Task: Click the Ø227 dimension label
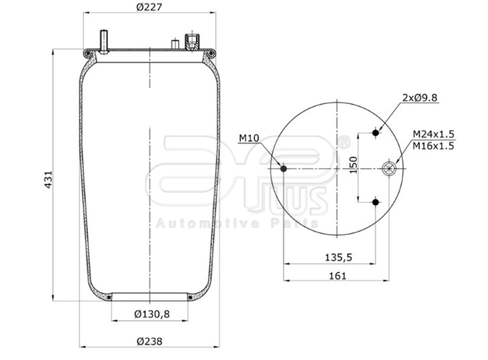pyautogui.click(x=150, y=7)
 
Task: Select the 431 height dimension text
pyautogui.click(x=48, y=179)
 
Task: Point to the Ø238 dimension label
pyautogui.click(x=149, y=341)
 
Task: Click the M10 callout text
pyautogui.click(x=248, y=138)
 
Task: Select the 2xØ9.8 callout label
pyautogui.click(x=419, y=98)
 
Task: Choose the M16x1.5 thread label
pyautogui.click(x=433, y=145)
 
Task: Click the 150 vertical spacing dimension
pyautogui.click(x=354, y=165)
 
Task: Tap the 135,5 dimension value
pyautogui.click(x=338, y=257)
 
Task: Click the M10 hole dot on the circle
pyautogui.click(x=284, y=169)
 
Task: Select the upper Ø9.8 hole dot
pyautogui.click(x=376, y=133)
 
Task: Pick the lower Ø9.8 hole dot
pyautogui.click(x=376, y=203)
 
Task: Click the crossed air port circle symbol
pyautogui.click(x=389, y=168)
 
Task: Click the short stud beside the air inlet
pyautogui.click(x=175, y=44)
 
